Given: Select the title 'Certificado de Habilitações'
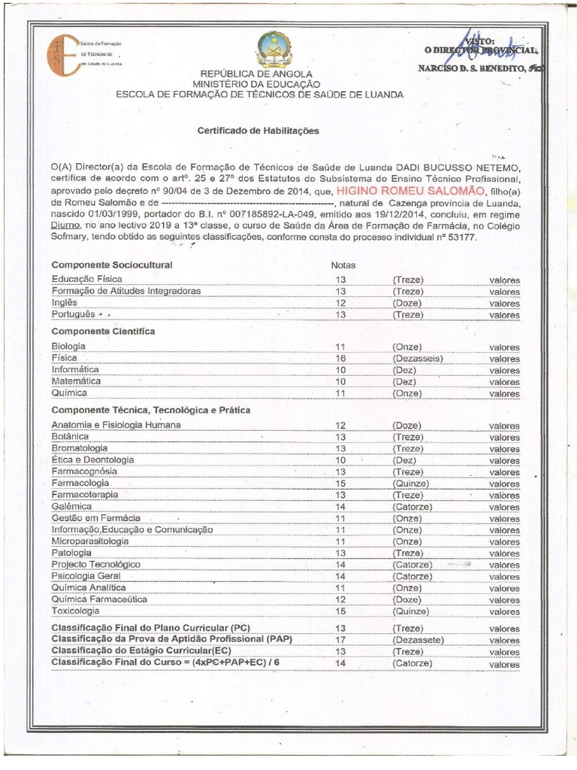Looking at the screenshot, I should coord(258,130).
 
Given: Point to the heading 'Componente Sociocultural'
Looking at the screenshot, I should coord(112,265).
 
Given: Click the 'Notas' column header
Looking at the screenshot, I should coord(343,265).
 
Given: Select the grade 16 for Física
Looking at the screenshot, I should coord(340,359).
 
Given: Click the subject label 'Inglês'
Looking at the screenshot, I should coord(65,303).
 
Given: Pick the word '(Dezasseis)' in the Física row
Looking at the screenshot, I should coord(417,359).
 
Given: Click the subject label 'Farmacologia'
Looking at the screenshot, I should coord(80,483).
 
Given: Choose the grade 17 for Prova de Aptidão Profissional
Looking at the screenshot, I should coord(340,640).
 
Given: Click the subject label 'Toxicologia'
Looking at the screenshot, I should coord(75,611).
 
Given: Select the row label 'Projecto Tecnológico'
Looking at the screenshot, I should coord(96,564).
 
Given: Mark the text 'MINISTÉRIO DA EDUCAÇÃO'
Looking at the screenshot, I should coord(256,85).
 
